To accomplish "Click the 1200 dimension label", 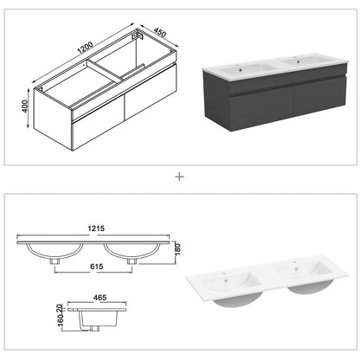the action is pyautogui.click(x=85, y=48).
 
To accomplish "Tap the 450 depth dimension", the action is pyautogui.click(x=160, y=32).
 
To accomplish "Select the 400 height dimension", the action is pyautogui.click(x=24, y=106).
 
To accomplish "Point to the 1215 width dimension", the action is pyautogui.click(x=96, y=228).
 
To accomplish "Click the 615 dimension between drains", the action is pyautogui.click(x=96, y=267).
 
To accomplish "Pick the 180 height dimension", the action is pyautogui.click(x=177, y=249).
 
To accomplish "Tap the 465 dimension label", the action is pyautogui.click(x=100, y=298).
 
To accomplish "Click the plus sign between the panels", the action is pyautogui.click(x=179, y=177).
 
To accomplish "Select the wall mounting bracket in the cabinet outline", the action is pyautogui.click(x=137, y=36).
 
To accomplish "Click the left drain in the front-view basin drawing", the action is pyautogui.click(x=55, y=261).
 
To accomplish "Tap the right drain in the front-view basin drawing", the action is pyautogui.click(x=132, y=261).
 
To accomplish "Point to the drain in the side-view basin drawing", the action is pyautogui.click(x=93, y=329).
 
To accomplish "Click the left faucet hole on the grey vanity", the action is pyautogui.click(x=238, y=65).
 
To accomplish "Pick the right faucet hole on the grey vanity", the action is pyautogui.click(x=295, y=58).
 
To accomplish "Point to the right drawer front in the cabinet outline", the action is pyautogui.click(x=151, y=92).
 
